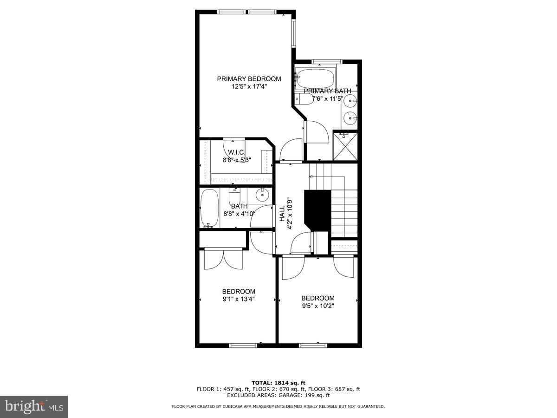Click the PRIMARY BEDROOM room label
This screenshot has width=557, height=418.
point(249,79)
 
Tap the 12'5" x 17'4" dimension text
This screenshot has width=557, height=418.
point(249,86)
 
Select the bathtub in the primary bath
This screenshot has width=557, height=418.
point(316,78)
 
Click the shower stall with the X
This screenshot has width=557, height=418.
point(346,145)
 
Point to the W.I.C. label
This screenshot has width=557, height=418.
point(236,152)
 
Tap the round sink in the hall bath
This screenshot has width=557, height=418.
point(263,194)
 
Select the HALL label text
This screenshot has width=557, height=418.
point(282,213)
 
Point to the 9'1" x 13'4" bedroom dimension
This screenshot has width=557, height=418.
point(238,299)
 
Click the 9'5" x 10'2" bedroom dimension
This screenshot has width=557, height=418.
point(317,306)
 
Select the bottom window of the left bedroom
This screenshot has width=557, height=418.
point(244,345)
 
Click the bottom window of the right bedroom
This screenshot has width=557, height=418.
point(313,345)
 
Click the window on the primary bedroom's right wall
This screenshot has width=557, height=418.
point(293,33)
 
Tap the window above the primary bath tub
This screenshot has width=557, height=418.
point(327,62)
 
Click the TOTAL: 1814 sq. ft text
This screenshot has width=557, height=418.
point(278,382)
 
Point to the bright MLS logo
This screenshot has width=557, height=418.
point(34,406)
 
